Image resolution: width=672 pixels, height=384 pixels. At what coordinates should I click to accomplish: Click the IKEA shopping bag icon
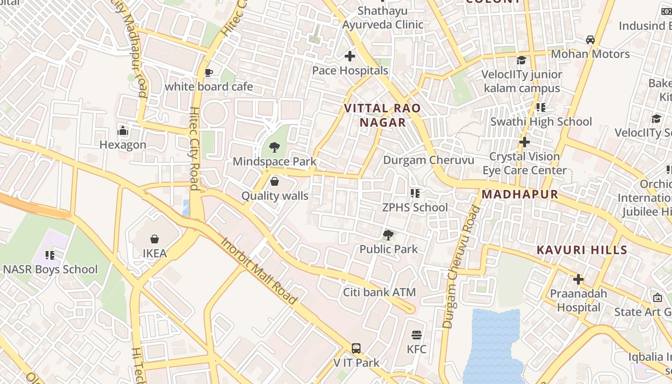[155, 239]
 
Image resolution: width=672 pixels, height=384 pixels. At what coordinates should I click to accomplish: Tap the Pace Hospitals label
[350, 71]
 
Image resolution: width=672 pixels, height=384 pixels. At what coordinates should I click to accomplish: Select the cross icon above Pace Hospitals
[350, 56]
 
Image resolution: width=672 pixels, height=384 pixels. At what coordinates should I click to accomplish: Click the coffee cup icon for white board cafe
[208, 72]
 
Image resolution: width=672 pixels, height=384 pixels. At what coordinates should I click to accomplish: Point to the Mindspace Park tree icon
[274, 147]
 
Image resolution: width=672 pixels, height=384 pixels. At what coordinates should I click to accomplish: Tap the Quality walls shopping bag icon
[275, 181]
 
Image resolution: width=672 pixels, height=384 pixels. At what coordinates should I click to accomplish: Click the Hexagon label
[123, 144]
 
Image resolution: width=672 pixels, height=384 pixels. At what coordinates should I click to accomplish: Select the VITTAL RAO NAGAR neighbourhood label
[383, 115]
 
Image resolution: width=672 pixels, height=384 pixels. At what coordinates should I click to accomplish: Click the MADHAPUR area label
[520, 194]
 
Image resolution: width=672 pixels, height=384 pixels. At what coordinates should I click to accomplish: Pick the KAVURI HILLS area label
[582, 250]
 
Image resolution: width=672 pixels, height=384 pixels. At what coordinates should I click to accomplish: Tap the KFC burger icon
[417, 335]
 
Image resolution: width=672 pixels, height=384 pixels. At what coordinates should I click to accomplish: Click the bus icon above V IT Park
[356, 348]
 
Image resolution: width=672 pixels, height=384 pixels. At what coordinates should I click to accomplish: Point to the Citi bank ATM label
[379, 292]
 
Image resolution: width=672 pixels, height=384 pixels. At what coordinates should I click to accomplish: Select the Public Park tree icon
[388, 235]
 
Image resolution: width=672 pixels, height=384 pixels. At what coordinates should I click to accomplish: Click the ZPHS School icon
[415, 193]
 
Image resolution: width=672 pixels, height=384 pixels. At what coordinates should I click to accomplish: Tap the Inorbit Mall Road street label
[259, 270]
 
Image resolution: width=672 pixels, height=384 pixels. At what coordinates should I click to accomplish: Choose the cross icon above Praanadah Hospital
[578, 279]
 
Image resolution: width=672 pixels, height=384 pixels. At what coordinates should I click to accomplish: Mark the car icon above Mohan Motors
[590, 39]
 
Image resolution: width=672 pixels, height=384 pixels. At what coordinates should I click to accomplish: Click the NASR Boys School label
[50, 269]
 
